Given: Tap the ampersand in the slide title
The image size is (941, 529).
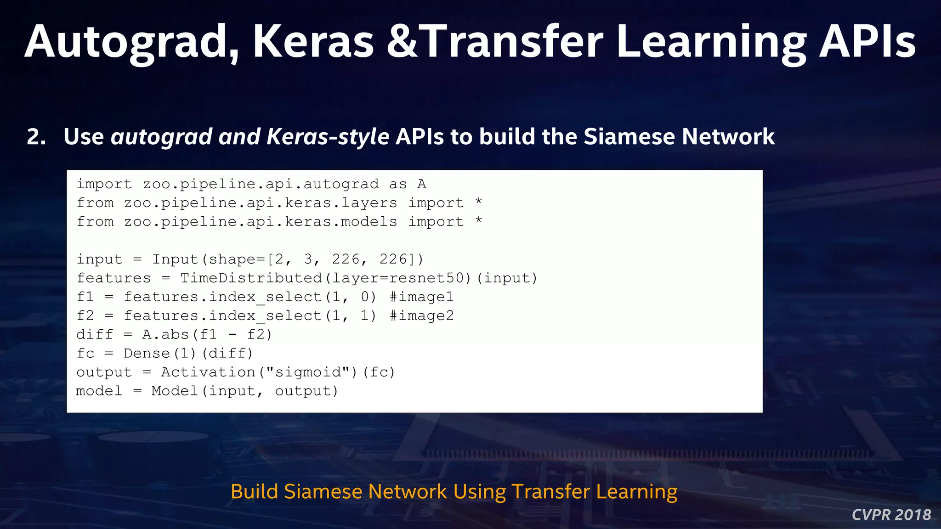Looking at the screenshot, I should point(402,42).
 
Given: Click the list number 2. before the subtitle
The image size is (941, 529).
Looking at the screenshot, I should point(36,137).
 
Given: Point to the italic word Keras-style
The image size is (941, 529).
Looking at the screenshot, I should point(328,137).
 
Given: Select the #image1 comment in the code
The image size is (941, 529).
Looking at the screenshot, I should point(421,297).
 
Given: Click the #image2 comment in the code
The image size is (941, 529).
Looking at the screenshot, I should point(421,316).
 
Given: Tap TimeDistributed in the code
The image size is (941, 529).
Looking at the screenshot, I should point(251,278).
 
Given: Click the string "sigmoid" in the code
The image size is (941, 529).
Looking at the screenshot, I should point(308,372).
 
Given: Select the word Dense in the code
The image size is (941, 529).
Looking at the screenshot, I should point(147,354).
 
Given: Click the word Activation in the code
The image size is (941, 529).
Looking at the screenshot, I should point(208,372).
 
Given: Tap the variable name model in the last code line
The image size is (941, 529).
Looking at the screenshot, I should point(99,391).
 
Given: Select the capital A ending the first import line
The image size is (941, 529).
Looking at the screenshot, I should point(422,185).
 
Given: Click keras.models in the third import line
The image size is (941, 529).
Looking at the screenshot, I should point(341,222).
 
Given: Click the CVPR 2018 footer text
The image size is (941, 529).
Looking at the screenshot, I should point(891,515).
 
